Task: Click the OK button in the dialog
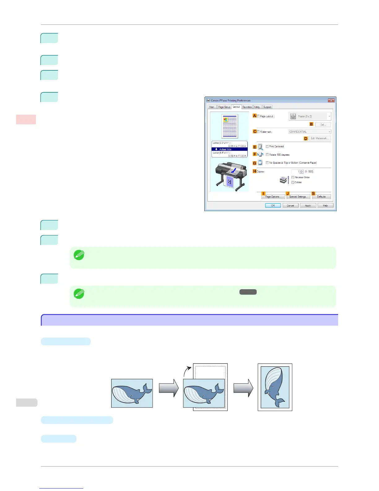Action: [x=273, y=206]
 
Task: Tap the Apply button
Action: [x=308, y=206]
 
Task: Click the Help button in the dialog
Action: [x=325, y=206]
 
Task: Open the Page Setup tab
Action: [x=224, y=107]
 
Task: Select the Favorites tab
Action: [x=247, y=107]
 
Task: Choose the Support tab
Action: [x=267, y=107]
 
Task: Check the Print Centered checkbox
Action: [x=267, y=146]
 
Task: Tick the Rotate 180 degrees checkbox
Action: [x=267, y=154]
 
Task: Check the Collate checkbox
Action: [x=293, y=182]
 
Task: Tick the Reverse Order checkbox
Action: [x=293, y=177]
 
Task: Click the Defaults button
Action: [x=321, y=197]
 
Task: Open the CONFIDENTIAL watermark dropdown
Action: [x=310, y=132]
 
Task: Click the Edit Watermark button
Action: [x=320, y=138]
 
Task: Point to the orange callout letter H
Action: [x=255, y=171]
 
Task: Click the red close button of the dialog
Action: [x=331, y=100]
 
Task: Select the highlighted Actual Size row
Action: [x=229, y=149]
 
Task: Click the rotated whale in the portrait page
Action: [x=275, y=387]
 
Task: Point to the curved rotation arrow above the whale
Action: [x=187, y=370]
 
